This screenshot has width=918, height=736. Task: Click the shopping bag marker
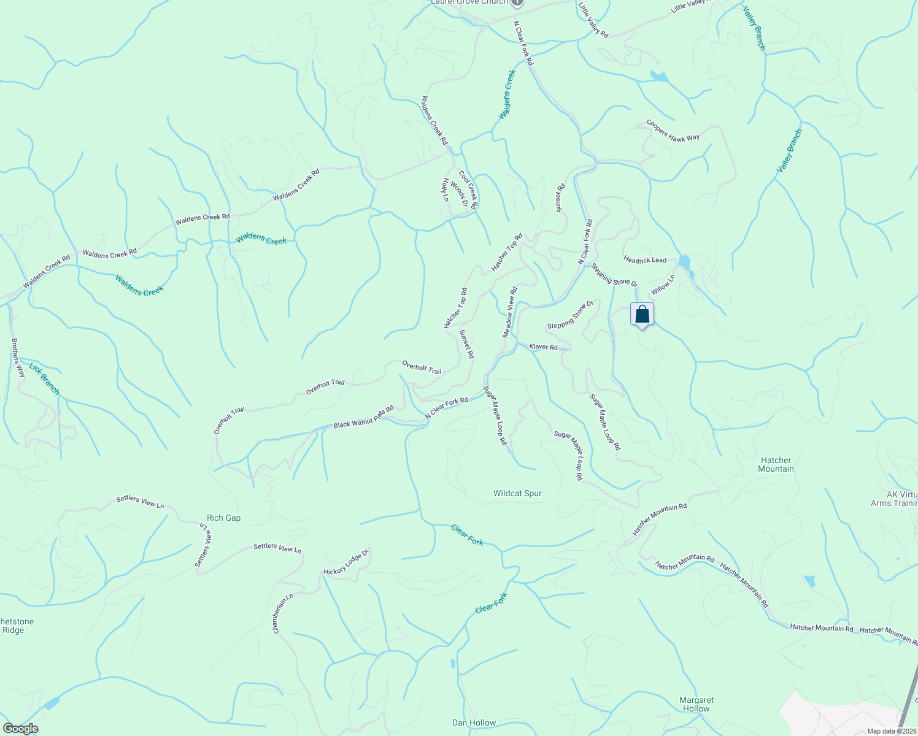coord(642,315)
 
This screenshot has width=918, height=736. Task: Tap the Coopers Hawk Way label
coord(673,131)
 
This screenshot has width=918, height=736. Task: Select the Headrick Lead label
coord(645,260)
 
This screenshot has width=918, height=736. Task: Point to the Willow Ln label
coord(663,284)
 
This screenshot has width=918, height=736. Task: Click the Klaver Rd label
coord(544,347)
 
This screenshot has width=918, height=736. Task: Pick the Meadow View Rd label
coord(511,312)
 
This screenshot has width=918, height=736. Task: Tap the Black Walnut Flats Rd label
coord(363,418)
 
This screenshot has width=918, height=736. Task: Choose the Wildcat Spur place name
coord(517,493)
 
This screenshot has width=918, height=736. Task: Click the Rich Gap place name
coord(224,518)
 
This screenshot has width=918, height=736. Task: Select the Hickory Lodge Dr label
coord(346,562)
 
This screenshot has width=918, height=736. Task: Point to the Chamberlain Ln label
coord(283,613)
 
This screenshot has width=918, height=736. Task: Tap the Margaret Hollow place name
coord(696,704)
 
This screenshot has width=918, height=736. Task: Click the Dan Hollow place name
coord(474,723)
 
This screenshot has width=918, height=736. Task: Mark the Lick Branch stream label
coord(45,378)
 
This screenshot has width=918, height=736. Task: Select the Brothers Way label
coord(18,358)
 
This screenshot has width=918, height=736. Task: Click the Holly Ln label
coord(445,190)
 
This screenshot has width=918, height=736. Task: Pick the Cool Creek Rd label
coord(468,190)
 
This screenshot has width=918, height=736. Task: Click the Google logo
coord(20,729)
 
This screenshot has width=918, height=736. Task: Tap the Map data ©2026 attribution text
coord(892,731)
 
